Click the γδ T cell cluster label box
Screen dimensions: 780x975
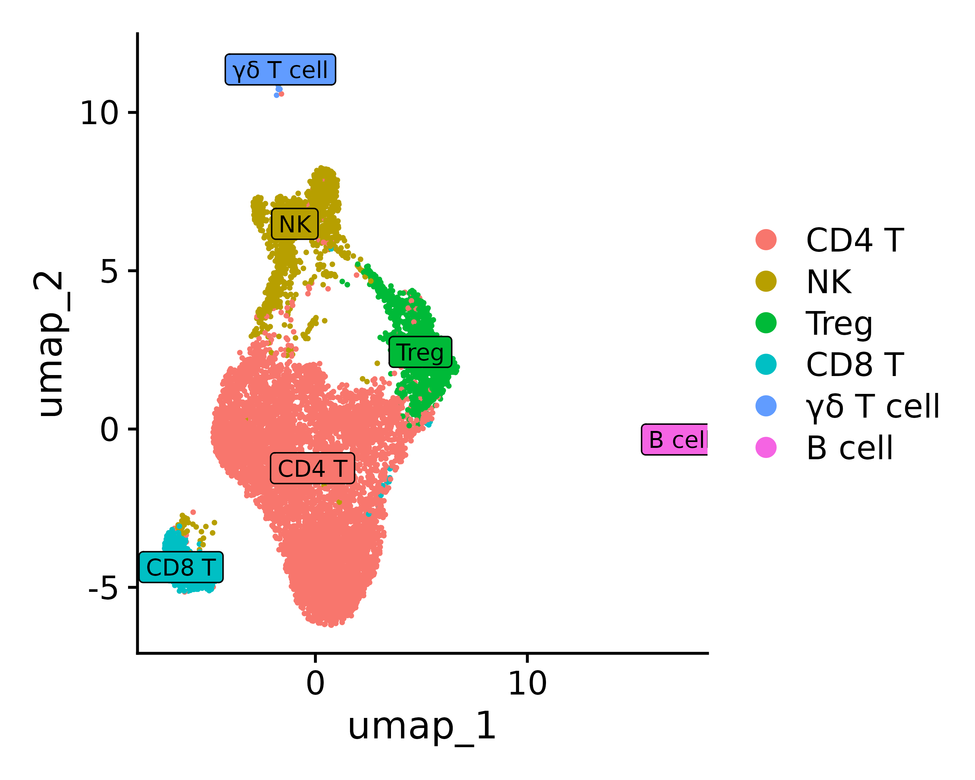[x=280, y=70]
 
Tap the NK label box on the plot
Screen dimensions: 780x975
[x=295, y=224]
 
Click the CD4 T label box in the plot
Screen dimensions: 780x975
[x=312, y=468]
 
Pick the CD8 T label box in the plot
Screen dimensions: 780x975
[x=181, y=567]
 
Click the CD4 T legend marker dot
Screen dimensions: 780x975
[x=766, y=240]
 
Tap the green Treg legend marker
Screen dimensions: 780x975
[x=766, y=323]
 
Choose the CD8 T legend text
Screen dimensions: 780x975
[x=855, y=364]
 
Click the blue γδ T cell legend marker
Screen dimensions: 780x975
[x=766, y=406]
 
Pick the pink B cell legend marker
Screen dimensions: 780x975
[x=766, y=448]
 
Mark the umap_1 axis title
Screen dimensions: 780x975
[x=422, y=727]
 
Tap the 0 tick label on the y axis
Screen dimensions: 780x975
[x=109, y=430]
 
